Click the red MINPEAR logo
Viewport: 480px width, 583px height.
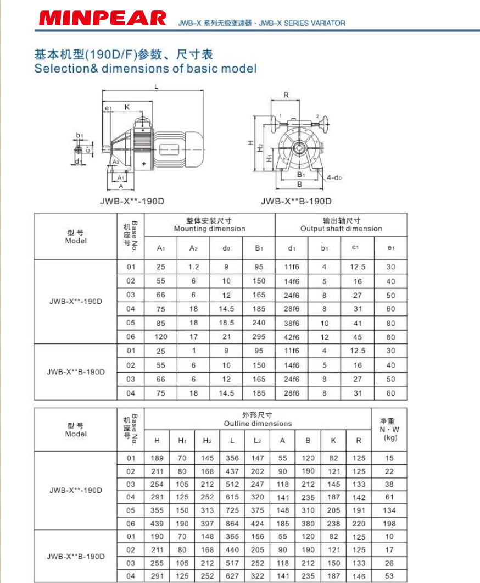[x=102, y=19]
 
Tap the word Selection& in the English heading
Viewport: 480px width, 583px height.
[x=65, y=69]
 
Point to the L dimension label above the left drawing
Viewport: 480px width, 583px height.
[x=156, y=86]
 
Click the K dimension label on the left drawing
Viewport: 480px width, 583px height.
[x=127, y=107]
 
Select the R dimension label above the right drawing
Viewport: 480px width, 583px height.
[x=286, y=95]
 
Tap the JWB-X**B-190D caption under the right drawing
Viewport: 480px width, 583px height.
[x=296, y=201]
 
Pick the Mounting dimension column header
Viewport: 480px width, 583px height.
[x=209, y=229]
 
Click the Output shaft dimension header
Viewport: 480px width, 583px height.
[x=341, y=229]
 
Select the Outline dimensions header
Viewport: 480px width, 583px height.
[x=258, y=424]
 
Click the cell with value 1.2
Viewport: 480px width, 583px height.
[x=193, y=267]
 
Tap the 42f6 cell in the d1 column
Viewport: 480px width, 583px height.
[x=292, y=337]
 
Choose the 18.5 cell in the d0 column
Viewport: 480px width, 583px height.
[x=226, y=323]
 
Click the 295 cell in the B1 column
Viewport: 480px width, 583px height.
[x=259, y=337]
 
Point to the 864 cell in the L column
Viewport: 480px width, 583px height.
[x=232, y=524]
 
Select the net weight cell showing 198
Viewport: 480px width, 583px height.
[x=389, y=524]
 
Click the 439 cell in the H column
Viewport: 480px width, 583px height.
[x=157, y=524]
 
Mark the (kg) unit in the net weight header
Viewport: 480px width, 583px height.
[x=389, y=438]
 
